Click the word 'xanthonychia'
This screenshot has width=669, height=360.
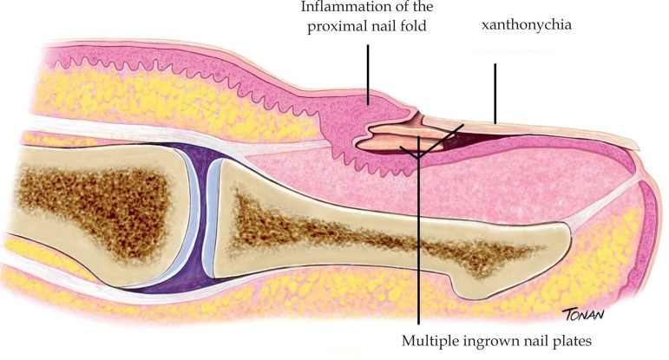pyautogui.click(x=527, y=25)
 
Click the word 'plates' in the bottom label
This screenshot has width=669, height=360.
pyautogui.click(x=571, y=342)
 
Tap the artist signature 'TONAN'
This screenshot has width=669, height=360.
pyautogui.click(x=584, y=314)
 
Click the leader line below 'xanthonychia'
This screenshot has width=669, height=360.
pyautogui.click(x=495, y=94)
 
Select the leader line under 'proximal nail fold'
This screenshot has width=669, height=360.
pyautogui.click(x=368, y=75)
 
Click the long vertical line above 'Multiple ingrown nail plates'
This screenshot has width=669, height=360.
pyautogui.click(x=418, y=231)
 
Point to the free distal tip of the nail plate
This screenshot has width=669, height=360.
pyautogui.click(x=635, y=146)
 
